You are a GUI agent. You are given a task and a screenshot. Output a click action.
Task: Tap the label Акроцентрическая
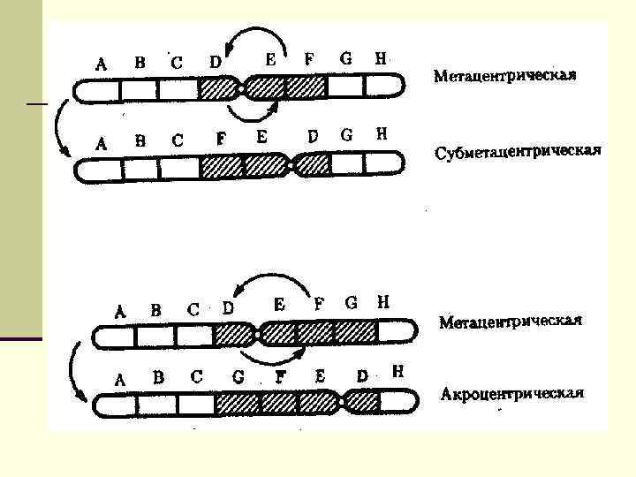(512, 393)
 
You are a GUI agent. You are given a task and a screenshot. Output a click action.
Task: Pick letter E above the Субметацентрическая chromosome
(261, 137)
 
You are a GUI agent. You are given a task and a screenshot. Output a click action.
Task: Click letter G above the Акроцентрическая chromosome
(238, 376)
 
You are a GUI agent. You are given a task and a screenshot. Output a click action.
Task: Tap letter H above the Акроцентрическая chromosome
(397, 372)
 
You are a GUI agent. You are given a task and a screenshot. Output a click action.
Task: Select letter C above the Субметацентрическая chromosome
(178, 139)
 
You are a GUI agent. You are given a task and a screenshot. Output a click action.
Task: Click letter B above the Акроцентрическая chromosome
(158, 377)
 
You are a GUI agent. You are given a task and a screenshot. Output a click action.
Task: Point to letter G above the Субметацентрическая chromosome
(346, 136)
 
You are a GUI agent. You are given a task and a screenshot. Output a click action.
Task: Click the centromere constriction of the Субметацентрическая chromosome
(291, 165)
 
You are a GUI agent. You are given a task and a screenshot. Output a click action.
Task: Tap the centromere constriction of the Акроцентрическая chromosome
(342, 404)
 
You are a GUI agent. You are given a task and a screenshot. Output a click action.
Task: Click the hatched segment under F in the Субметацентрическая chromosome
(221, 165)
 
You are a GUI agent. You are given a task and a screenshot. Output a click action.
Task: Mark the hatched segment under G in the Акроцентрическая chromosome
(237, 404)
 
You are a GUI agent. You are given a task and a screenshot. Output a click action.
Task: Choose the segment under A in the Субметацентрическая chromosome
(99, 166)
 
